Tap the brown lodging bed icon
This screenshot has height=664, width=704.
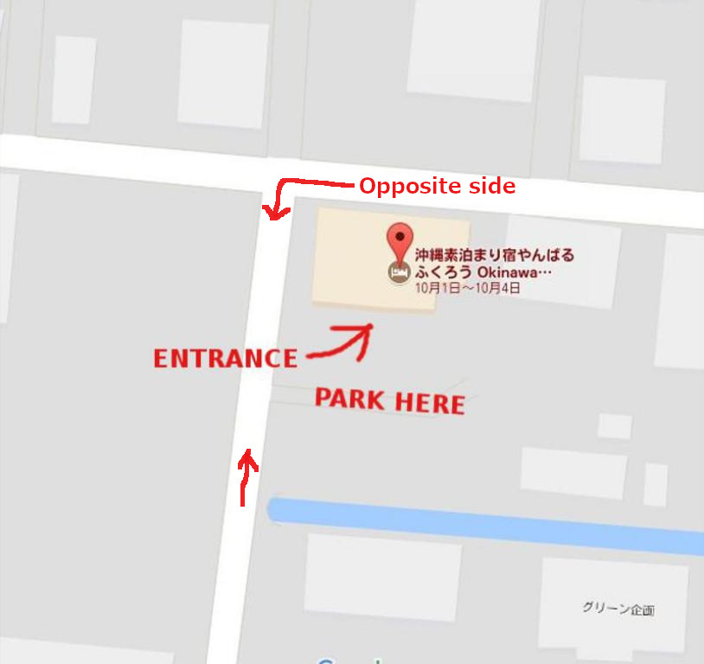click(399, 271)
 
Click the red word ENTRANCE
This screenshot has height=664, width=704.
click(225, 359)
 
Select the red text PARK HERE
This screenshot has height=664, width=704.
click(389, 401)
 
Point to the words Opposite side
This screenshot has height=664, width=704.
click(437, 186)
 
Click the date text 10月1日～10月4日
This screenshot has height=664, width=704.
click(467, 288)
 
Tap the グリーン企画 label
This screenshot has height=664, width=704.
click(618, 609)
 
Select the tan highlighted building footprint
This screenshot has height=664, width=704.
click(355, 259)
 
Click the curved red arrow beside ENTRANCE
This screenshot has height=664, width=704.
click(342, 342)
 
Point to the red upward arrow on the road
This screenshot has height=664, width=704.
click(246, 476)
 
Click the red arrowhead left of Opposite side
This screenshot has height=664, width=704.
click(272, 212)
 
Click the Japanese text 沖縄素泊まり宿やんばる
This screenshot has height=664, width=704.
click(494, 256)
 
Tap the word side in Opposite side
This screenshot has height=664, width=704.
click(496, 186)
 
